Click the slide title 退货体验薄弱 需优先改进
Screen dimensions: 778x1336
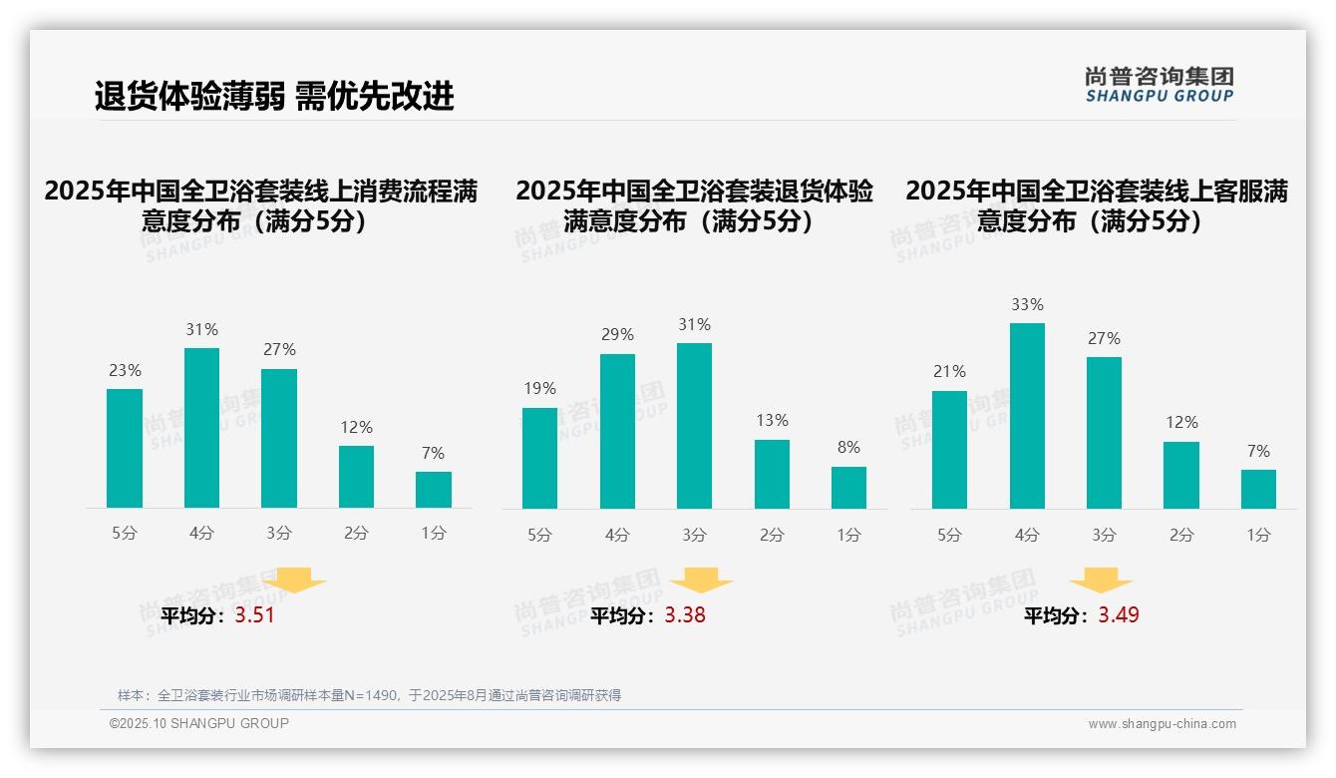pyautogui.click(x=274, y=96)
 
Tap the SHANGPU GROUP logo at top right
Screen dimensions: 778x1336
pyautogui.click(x=1159, y=85)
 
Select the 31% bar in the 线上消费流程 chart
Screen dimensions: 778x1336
pyautogui.click(x=202, y=428)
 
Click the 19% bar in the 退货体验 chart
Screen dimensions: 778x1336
pyautogui.click(x=539, y=458)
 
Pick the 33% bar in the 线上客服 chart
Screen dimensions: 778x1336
pyautogui.click(x=1027, y=416)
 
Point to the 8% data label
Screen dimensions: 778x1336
pyautogui.click(x=848, y=448)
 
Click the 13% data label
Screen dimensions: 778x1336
pyautogui.click(x=772, y=421)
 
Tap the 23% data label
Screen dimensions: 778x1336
pyautogui.click(x=125, y=370)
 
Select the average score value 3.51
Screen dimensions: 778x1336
pyautogui.click(x=254, y=615)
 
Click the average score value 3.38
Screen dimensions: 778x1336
pyautogui.click(x=685, y=615)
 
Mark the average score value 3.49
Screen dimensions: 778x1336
pyautogui.click(x=1119, y=615)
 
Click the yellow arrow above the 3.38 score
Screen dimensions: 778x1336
pyautogui.click(x=701, y=580)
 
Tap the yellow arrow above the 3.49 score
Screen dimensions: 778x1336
pyautogui.click(x=1101, y=580)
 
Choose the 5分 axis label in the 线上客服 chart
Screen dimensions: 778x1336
pyautogui.click(x=949, y=536)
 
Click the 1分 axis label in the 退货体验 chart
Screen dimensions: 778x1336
pyautogui.click(x=848, y=536)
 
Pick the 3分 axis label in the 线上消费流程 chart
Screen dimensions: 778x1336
pyautogui.click(x=279, y=534)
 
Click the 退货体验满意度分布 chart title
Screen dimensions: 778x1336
pyautogui.click(x=694, y=206)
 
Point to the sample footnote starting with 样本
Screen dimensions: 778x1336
pyautogui.click(x=369, y=695)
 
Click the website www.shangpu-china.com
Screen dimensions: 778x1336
pyautogui.click(x=1162, y=724)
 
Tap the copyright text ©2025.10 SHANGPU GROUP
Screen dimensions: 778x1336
pyautogui.click(x=199, y=723)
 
